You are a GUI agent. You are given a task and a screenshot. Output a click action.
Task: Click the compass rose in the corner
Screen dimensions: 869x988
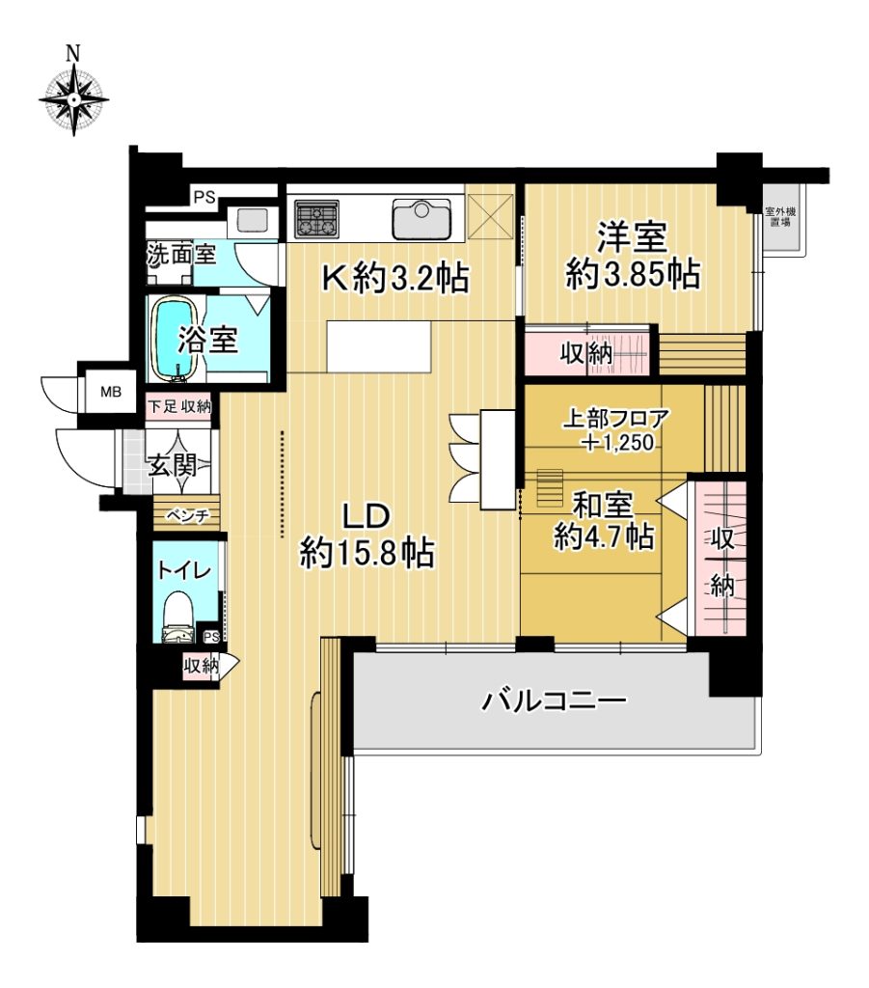coord(73,100)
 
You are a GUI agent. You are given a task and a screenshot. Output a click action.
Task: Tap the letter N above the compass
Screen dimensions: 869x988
coord(73,54)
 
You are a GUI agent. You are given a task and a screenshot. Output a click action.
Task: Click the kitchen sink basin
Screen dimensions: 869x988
coord(421,219)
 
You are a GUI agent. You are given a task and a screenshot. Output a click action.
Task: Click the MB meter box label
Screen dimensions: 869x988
coord(111,392)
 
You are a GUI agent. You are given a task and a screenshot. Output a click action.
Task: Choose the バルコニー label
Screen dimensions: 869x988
coord(555,700)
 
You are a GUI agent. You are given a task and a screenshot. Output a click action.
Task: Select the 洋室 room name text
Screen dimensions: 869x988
coord(633,237)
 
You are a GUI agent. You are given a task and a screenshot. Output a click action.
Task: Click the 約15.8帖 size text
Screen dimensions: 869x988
coord(367,554)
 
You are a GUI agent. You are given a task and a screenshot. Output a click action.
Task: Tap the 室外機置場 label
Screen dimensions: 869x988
coord(780,217)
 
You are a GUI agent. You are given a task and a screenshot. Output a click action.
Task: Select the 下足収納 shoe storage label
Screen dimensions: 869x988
coord(179,406)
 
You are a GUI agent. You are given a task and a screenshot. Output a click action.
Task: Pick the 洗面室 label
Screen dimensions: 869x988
coord(181,254)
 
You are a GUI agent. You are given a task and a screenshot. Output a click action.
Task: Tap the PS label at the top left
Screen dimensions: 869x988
coord(204,198)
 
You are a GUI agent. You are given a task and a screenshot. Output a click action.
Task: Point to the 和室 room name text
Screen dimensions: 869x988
coord(603,504)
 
